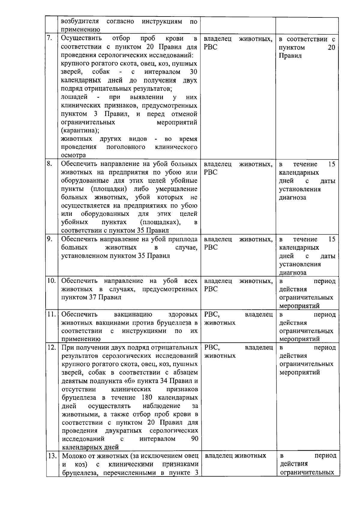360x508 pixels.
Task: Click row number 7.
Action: (50, 38)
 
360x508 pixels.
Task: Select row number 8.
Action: (50, 164)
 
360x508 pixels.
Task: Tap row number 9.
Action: (50, 239)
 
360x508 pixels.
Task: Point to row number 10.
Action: (51, 281)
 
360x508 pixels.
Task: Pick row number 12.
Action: (52, 347)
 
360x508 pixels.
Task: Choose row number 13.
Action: (52, 456)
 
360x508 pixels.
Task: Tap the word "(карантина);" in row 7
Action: (80, 131)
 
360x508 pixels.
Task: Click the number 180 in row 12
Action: (146, 398)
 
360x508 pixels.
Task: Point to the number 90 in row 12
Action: (194, 439)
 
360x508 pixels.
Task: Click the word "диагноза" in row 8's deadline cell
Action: (292, 197)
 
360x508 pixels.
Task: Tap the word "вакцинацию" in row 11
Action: (133, 314)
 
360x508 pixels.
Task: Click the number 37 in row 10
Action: (92, 297)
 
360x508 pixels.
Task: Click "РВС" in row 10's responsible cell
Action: (211, 289)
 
